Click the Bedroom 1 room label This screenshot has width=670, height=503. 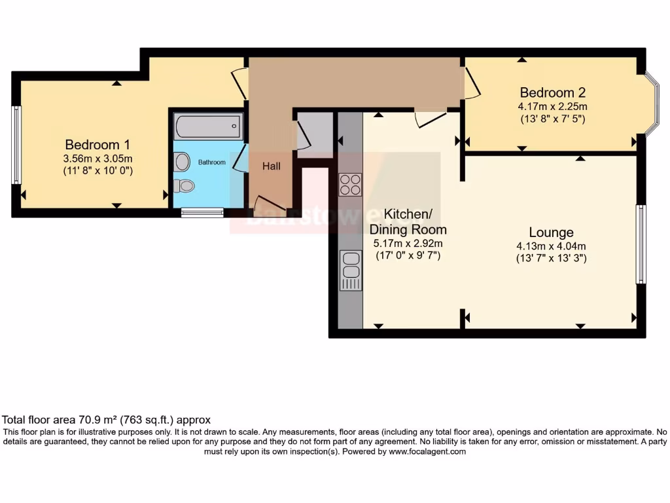pos(92,145)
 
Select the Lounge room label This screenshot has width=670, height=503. pos(551,233)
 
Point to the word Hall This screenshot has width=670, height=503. pos(272,166)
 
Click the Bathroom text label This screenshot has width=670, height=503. pos(212,162)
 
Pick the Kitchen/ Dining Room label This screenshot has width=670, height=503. pos(408,221)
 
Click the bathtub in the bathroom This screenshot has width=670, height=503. pos(207,126)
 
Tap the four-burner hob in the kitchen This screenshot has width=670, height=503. pos(350,184)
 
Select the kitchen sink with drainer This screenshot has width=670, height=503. pos(351,270)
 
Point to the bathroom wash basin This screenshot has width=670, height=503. pos(182,161)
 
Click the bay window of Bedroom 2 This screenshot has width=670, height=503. pos(652,103)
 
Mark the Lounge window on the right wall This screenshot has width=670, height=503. pos(641,244)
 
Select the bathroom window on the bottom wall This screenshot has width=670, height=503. pos(202,212)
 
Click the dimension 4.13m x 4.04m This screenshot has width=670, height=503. pos(551,246)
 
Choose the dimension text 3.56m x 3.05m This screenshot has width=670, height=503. pos(92,158)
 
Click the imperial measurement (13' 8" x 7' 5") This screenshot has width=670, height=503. pos(552,119)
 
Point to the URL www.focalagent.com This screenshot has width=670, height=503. pos(427,451)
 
